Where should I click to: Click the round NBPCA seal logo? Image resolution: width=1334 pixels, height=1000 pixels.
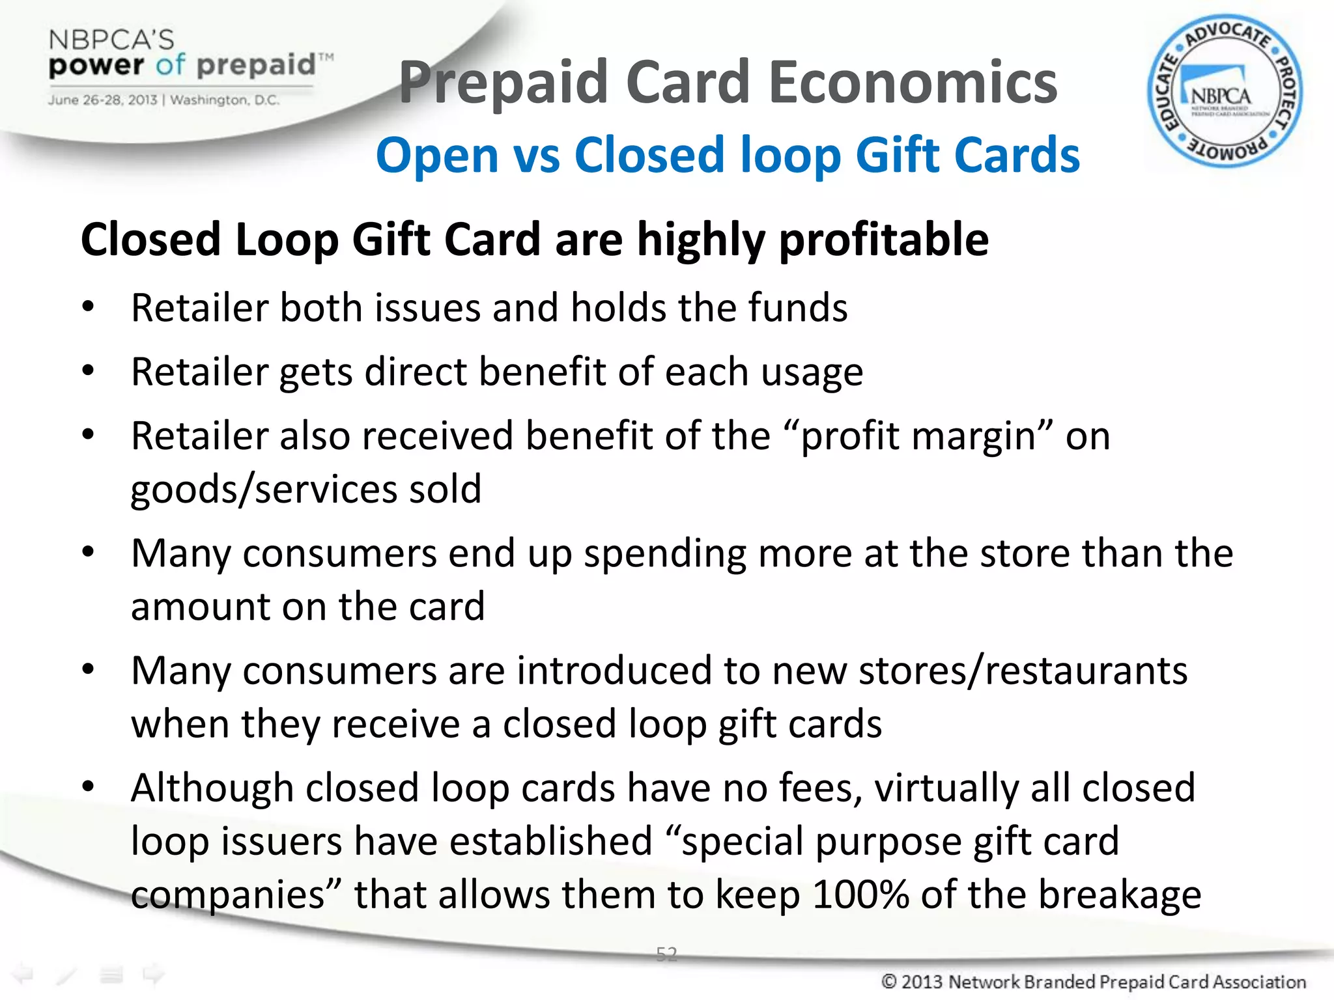[1224, 92]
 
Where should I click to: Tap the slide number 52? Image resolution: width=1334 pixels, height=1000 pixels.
[666, 954]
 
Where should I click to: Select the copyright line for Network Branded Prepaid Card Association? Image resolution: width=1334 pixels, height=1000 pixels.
[1094, 981]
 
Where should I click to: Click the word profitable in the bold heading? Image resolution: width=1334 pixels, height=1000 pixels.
[884, 240]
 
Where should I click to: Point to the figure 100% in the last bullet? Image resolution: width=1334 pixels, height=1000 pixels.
[860, 894]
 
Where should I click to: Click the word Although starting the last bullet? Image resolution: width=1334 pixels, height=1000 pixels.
[212, 788]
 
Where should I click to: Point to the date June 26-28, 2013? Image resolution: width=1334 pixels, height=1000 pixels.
[102, 100]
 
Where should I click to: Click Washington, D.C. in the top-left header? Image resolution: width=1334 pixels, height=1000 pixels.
[225, 100]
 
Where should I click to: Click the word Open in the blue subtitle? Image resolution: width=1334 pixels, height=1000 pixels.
[436, 156]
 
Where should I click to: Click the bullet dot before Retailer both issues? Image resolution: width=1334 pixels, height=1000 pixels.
[89, 307]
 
